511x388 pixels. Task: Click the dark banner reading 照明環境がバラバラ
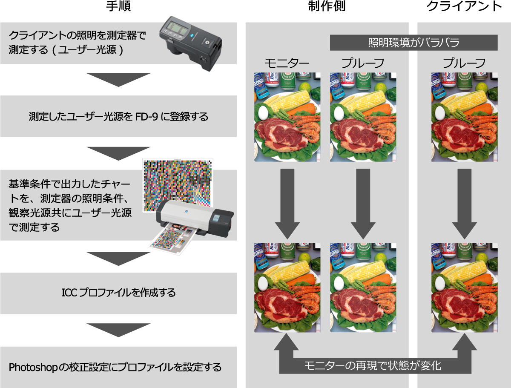point(413,43)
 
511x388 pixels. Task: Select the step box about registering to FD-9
point(118,116)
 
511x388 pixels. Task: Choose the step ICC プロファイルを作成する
point(118,293)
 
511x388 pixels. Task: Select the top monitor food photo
point(287,117)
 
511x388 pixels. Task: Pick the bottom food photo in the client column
point(464,287)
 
